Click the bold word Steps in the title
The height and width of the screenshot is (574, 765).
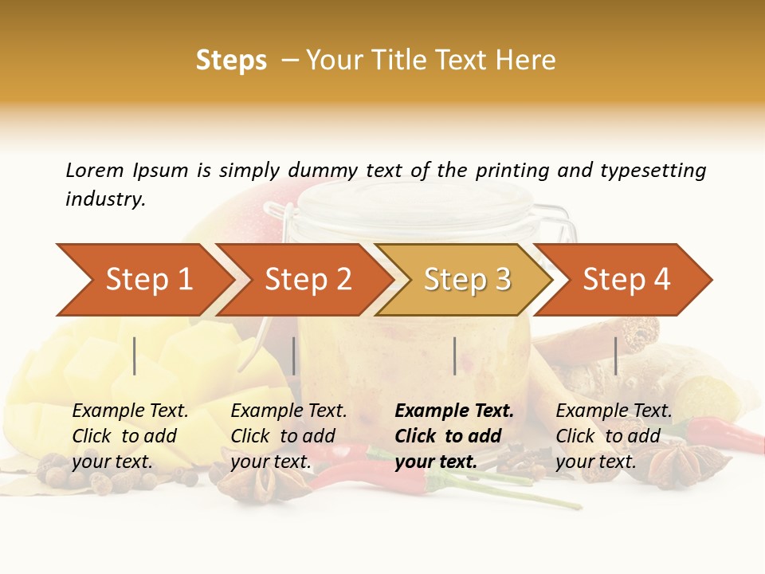pyautogui.click(x=231, y=61)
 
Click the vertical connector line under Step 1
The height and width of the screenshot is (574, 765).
pyautogui.click(x=135, y=356)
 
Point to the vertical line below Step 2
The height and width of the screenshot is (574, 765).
pyautogui.click(x=294, y=356)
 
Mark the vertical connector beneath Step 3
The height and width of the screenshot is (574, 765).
pyautogui.click(x=454, y=356)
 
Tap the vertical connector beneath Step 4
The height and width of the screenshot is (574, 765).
pyautogui.click(x=615, y=356)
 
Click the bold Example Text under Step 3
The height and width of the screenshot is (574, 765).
pyautogui.click(x=454, y=411)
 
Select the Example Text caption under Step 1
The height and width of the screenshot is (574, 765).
pyautogui.click(x=130, y=411)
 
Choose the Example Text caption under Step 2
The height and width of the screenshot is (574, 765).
pyautogui.click(x=288, y=411)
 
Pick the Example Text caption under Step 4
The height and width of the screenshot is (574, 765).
pyautogui.click(x=614, y=411)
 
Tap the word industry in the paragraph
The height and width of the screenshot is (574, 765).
pyautogui.click(x=105, y=199)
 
